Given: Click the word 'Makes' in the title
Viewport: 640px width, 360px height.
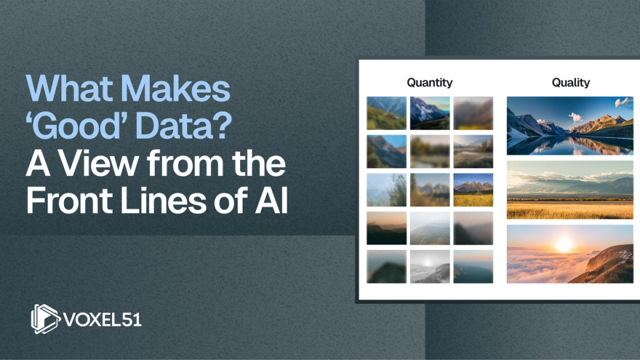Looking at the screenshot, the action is coord(176,88).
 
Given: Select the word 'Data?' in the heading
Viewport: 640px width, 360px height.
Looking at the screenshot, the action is coord(184,126).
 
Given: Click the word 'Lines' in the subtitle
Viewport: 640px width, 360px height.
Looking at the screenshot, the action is coord(163,201).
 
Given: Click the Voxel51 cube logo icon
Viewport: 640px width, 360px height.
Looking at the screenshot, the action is coord(45,319).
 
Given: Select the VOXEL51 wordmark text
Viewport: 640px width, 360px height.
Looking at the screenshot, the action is coord(103,319).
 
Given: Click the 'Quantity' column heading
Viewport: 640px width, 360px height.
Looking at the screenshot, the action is coord(430,83).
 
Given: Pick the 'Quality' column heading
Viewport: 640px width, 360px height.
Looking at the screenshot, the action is coord(571,83).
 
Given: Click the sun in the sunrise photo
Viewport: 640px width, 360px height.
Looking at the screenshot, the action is coord(565,245).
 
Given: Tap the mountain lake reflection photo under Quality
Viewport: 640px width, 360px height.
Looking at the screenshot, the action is coord(570,126).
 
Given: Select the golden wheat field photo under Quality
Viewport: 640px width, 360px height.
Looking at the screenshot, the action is coord(570,190).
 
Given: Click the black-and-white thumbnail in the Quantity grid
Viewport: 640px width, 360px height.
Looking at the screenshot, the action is coord(430,267).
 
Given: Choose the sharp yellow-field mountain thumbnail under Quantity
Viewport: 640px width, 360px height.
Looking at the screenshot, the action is coord(473,190).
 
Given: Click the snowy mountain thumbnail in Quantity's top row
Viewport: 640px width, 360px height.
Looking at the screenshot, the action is coord(430,113).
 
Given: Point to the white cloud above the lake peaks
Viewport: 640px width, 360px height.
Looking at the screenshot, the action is coord(575,117).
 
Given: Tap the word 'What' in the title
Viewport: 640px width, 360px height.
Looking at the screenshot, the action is coord(70,88).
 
